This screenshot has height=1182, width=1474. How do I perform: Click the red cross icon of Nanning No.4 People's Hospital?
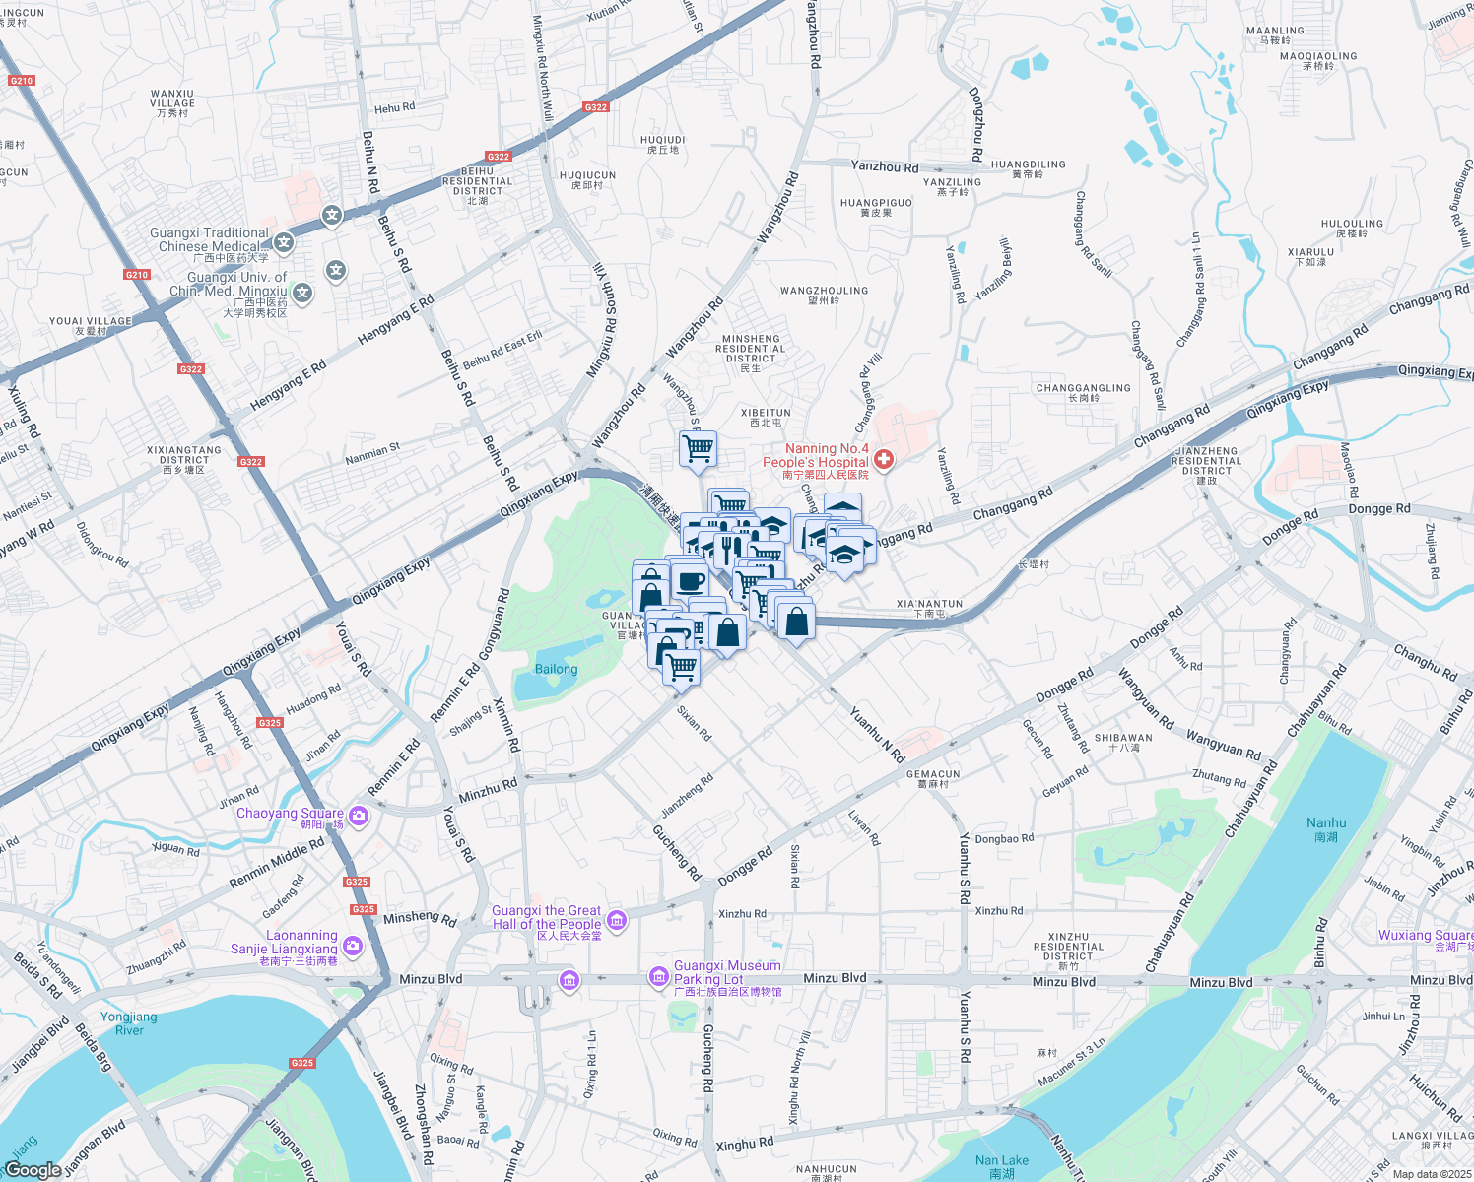tap(884, 459)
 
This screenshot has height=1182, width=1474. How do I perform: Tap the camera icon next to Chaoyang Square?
tap(358, 816)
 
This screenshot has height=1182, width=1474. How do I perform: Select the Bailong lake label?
tap(556, 669)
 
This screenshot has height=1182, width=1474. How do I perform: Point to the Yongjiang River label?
tap(129, 1023)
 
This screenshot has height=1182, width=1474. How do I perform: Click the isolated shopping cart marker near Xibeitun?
tap(698, 449)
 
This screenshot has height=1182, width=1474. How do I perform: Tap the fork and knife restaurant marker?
tap(726, 549)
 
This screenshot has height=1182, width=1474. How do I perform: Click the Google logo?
tap(33, 1169)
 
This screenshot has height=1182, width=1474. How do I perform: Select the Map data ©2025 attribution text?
tap(1431, 1174)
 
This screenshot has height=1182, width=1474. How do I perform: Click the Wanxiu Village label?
tap(172, 103)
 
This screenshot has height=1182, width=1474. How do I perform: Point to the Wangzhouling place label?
tap(824, 295)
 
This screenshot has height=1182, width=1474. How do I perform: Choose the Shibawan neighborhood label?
tap(1123, 742)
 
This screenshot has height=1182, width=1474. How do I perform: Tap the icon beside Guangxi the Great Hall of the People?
tap(617, 921)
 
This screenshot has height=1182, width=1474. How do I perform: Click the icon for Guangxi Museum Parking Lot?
tap(658, 976)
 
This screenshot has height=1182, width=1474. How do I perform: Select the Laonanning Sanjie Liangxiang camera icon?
tap(353, 947)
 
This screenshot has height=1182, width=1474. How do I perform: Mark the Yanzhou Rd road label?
tap(884, 166)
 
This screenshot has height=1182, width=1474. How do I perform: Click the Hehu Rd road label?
tap(394, 107)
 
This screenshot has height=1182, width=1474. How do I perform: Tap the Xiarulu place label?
tap(1310, 256)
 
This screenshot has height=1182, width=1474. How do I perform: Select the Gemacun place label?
tap(932, 779)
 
